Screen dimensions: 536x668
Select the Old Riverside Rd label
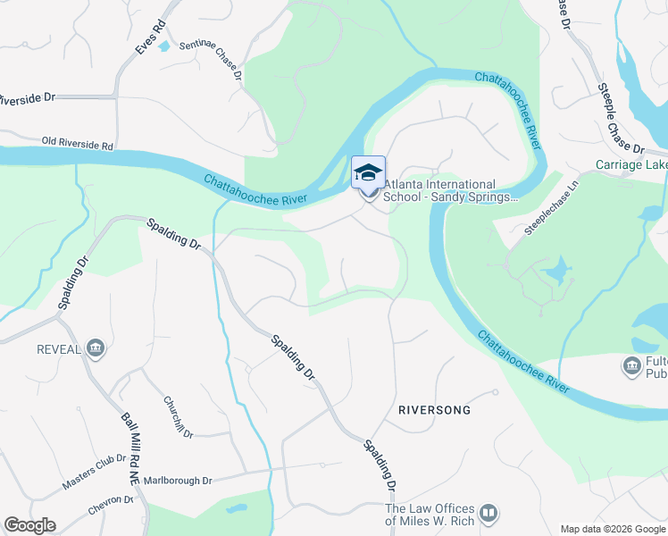click(x=78, y=142)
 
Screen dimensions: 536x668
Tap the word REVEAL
click(x=59, y=348)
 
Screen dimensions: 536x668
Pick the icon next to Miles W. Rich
click(x=488, y=514)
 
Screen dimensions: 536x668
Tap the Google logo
click(x=29, y=525)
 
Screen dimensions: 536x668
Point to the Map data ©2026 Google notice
click(x=614, y=529)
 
